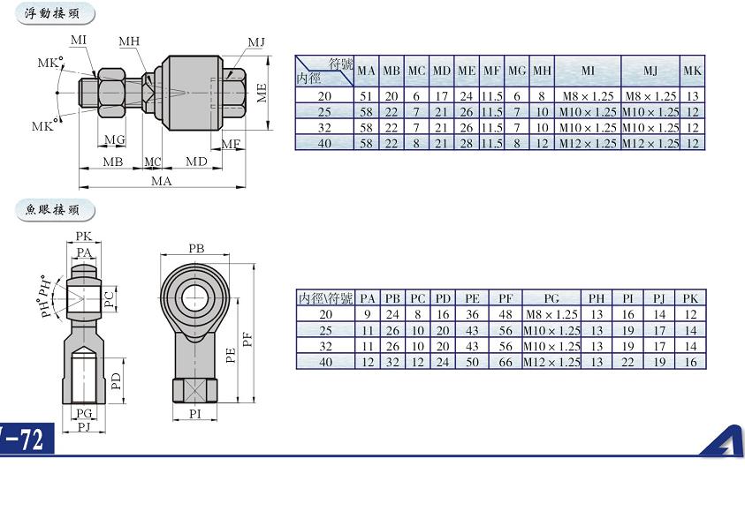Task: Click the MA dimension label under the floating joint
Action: pyautogui.click(x=162, y=181)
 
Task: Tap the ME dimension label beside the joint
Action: pyautogui.click(x=262, y=93)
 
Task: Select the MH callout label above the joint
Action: pyautogui.click(x=129, y=41)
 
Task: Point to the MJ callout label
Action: pyautogui.click(x=256, y=42)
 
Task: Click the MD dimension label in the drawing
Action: pyautogui.click(x=196, y=162)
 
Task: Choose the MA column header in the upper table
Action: pyautogui.click(x=367, y=71)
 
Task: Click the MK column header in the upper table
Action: pyautogui.click(x=692, y=71)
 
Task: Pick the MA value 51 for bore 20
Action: pyautogui.click(x=367, y=96)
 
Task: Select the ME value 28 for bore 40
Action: pyautogui.click(x=467, y=143)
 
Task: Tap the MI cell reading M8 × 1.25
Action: pyautogui.click(x=588, y=96)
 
